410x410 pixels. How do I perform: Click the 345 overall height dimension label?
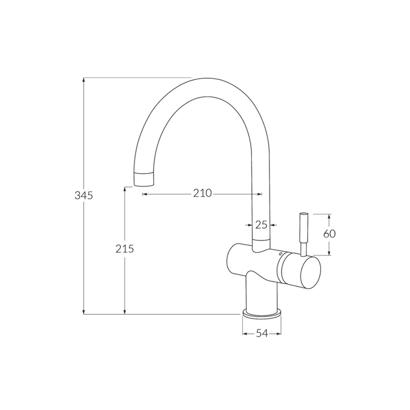(84, 196)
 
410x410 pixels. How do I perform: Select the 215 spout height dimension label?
(125, 249)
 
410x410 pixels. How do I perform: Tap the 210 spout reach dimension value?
(202, 193)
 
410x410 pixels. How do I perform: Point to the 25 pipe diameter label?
(261, 225)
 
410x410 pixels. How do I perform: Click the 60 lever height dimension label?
(329, 234)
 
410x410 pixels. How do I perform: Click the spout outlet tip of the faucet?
(143, 179)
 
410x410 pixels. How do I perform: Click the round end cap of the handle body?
(307, 273)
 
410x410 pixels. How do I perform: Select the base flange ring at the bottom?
(262, 314)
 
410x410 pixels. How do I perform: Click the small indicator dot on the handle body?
(280, 254)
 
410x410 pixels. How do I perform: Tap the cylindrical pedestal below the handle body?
(261, 294)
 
